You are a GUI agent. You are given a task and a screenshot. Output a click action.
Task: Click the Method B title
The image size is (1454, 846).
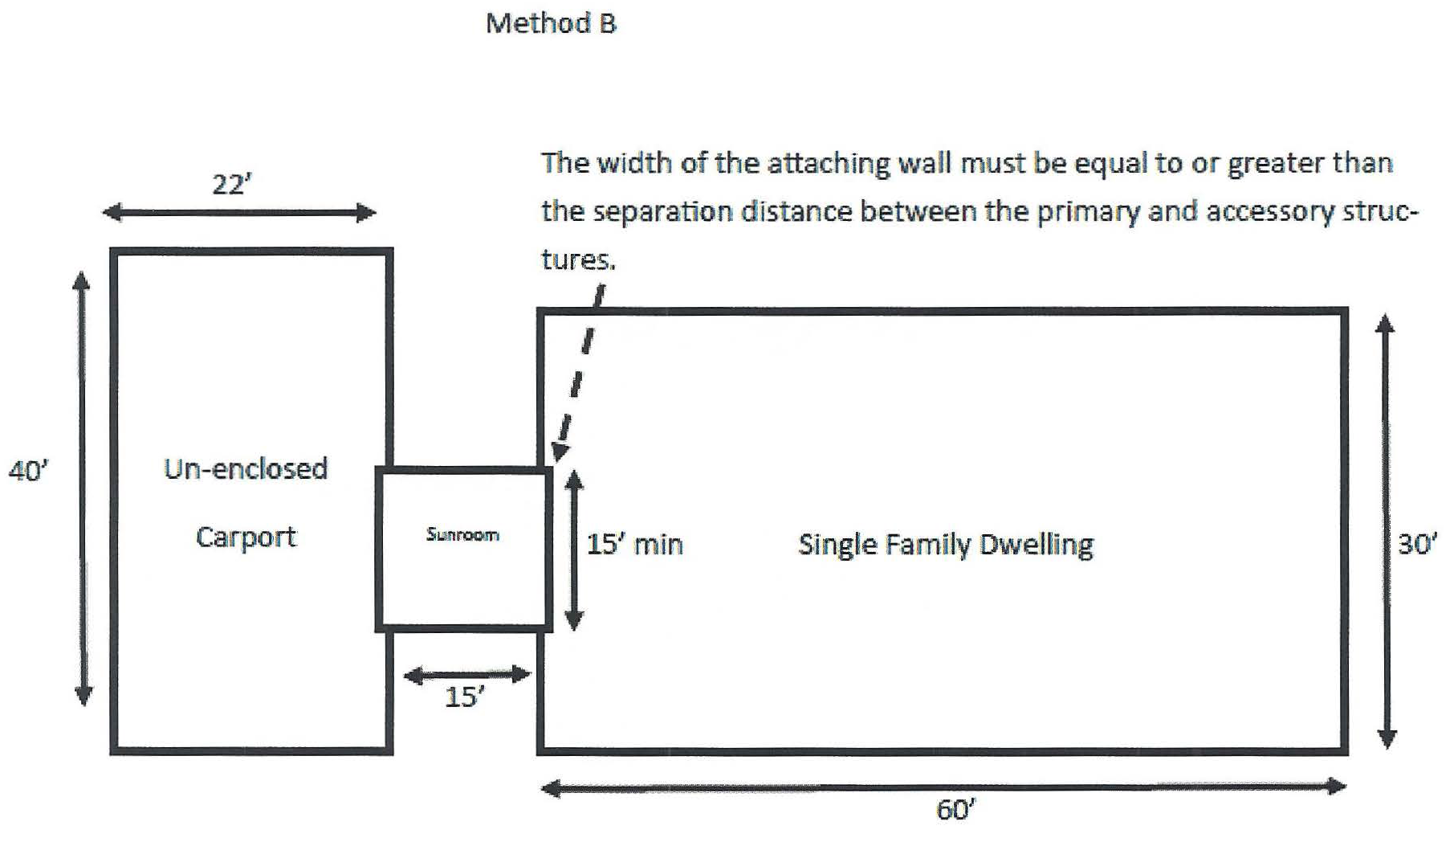551,23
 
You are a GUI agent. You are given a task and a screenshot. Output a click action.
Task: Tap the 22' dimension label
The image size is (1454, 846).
231,185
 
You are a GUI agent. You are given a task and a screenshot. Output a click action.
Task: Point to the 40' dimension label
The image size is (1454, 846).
28,471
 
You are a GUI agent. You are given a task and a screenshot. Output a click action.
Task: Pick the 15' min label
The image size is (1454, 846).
634,545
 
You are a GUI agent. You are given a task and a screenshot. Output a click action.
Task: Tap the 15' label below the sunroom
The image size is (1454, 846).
464,697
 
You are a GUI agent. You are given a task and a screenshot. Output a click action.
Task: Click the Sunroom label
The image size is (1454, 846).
462,535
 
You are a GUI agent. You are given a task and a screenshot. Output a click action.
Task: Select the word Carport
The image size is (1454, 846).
246,537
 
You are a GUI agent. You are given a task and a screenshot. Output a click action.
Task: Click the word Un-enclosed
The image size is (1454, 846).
246,468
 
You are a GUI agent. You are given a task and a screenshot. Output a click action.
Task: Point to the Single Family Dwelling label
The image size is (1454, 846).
945,545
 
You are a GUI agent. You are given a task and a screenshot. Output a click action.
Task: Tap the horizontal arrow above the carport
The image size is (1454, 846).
239,213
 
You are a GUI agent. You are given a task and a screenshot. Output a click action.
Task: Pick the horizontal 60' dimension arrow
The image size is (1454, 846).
944,787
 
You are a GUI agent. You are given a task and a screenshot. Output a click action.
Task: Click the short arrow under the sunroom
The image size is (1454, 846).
466,675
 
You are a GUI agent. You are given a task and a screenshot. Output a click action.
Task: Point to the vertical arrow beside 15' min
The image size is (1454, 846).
574,550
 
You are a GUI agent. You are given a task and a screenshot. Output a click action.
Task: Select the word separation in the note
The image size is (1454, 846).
662,211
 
